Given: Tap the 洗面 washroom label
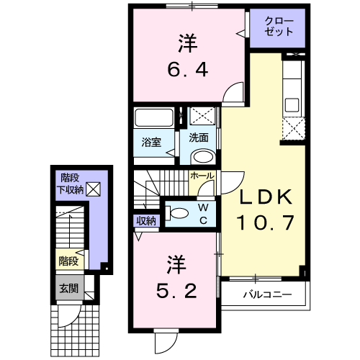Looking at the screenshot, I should (199, 138).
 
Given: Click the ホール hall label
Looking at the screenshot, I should (202, 175).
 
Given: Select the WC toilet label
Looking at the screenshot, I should (203, 214).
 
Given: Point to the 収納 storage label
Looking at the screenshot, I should (145, 221).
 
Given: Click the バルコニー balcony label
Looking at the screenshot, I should (266, 294).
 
